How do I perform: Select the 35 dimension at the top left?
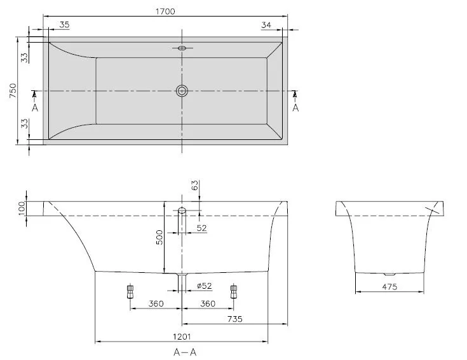pyautogui.click(x=64, y=25)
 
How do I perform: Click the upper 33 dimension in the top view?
pyautogui.click(x=24, y=57)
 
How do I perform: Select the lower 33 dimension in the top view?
pyautogui.click(x=24, y=123)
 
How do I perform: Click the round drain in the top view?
pyautogui.click(x=182, y=91)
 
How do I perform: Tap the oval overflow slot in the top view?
pyautogui.click(x=182, y=48)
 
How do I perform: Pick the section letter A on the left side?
pyautogui.click(x=35, y=108)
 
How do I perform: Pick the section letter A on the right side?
pyautogui.click(x=295, y=108)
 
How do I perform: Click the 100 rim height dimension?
pyautogui.click(x=22, y=209)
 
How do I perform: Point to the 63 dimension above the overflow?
pyautogui.click(x=195, y=186)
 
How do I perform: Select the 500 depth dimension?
pyautogui.click(x=160, y=237)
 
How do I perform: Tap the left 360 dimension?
pyautogui.click(x=156, y=303)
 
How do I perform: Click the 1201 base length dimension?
pyautogui.click(x=181, y=337)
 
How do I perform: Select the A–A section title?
pyautogui.click(x=182, y=351)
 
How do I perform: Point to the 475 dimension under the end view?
pyautogui.click(x=389, y=287)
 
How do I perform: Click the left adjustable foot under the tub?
pyautogui.click(x=131, y=291)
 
